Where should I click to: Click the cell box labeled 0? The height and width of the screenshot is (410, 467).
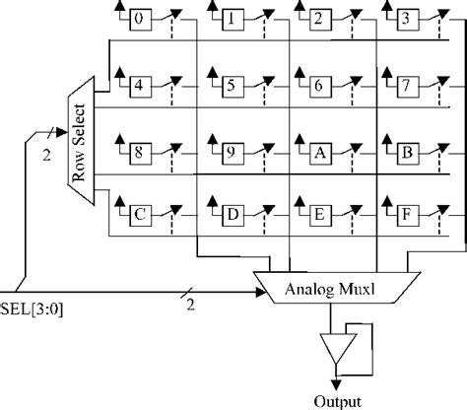[x=141, y=19]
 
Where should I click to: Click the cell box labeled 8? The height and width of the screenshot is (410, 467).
[x=141, y=153]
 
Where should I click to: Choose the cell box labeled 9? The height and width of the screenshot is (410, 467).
[x=230, y=153]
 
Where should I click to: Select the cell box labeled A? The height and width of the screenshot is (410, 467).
[x=318, y=153]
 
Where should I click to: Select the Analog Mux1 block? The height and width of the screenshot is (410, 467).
[x=335, y=288]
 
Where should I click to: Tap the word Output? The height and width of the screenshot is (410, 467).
[x=338, y=400]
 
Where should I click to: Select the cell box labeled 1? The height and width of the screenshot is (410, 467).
[x=230, y=19]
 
